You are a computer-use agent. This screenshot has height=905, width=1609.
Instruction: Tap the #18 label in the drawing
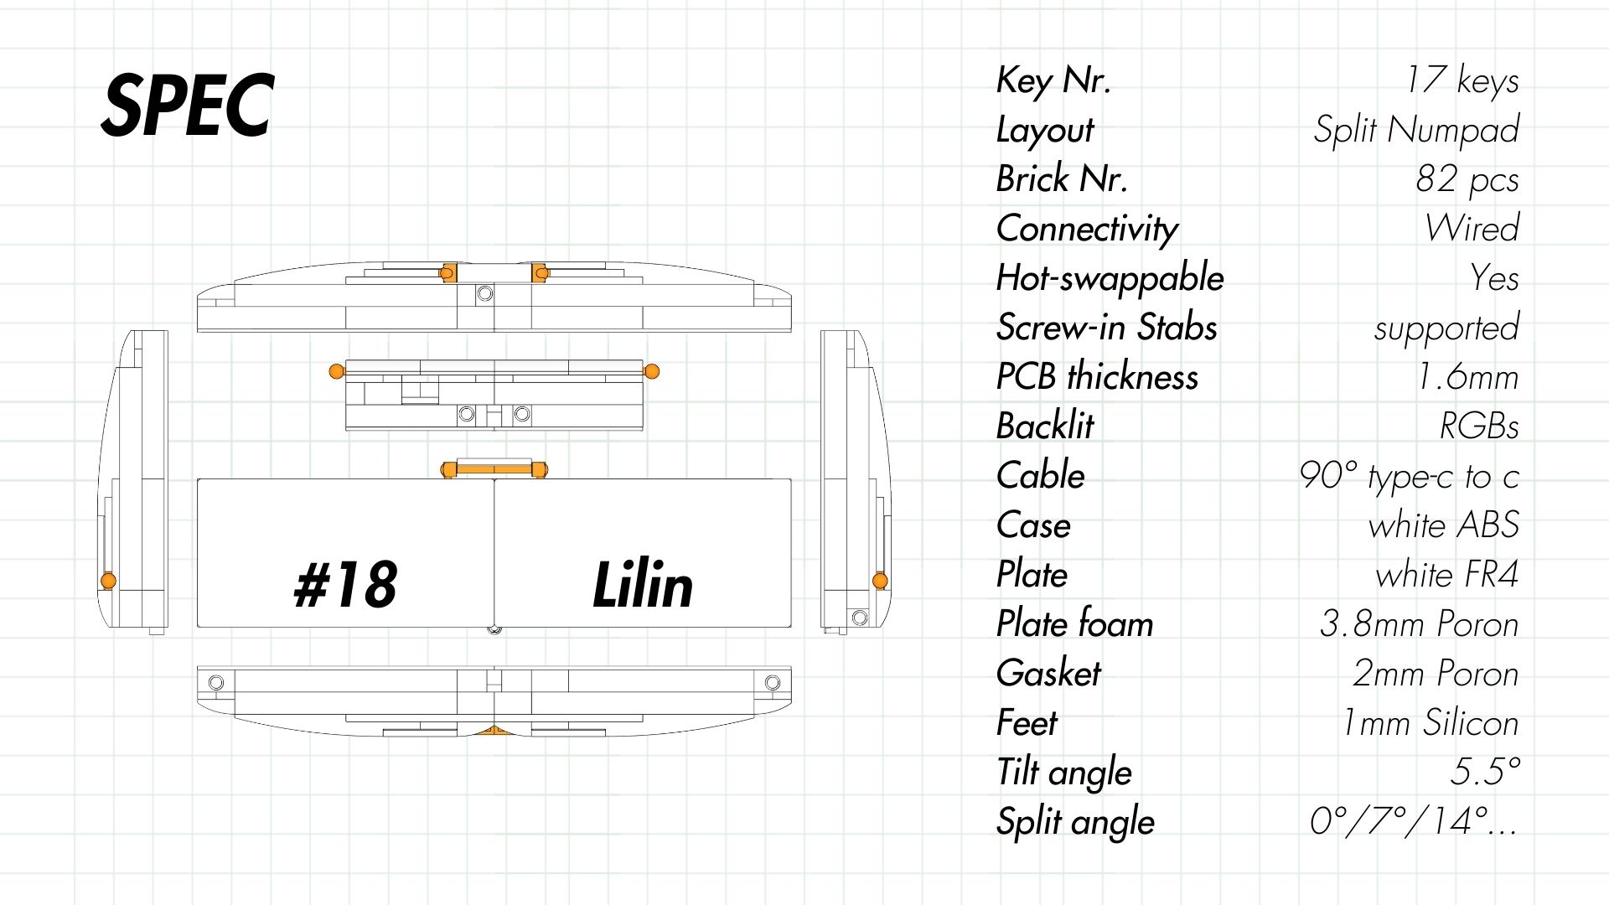(345, 584)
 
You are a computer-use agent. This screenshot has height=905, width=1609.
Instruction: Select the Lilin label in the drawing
(643, 584)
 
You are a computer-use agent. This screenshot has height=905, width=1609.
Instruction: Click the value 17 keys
(1462, 80)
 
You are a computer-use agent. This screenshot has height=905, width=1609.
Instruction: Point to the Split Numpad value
(1416, 130)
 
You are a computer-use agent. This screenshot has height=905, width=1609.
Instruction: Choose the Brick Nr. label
(1062, 179)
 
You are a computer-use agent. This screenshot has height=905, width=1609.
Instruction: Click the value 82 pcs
(1467, 179)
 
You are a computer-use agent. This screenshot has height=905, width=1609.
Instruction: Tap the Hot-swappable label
(1110, 278)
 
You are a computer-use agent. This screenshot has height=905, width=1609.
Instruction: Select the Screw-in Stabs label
(1106, 328)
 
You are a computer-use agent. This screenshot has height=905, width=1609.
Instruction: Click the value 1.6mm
(1467, 377)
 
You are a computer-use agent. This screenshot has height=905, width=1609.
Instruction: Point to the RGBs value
(1479, 427)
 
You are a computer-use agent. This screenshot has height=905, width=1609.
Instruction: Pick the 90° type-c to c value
(1409, 476)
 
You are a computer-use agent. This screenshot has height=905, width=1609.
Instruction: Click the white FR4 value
(1447, 575)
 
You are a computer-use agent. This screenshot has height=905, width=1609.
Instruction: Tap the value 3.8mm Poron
(1419, 624)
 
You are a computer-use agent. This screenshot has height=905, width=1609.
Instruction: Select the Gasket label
(1048, 674)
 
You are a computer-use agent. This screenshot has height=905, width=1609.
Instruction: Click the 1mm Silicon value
(1431, 723)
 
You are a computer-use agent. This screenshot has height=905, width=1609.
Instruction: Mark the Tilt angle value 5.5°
(1485, 772)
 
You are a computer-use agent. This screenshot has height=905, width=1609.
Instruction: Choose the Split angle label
(1075, 822)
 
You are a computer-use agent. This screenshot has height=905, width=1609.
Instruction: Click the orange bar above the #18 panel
(494, 469)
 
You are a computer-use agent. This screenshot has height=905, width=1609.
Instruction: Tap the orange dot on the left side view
(108, 581)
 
